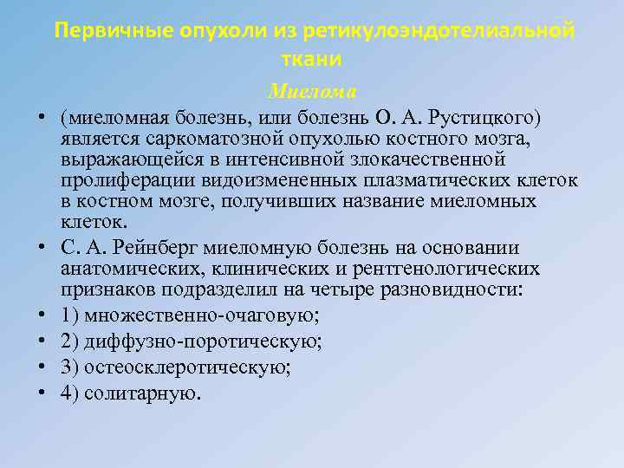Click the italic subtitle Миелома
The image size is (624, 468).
click(x=313, y=90)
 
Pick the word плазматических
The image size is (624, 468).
click(x=435, y=181)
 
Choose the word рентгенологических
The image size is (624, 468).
click(x=452, y=269)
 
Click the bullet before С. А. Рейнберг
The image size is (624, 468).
click(x=41, y=247)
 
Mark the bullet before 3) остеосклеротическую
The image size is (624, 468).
click(x=41, y=367)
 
